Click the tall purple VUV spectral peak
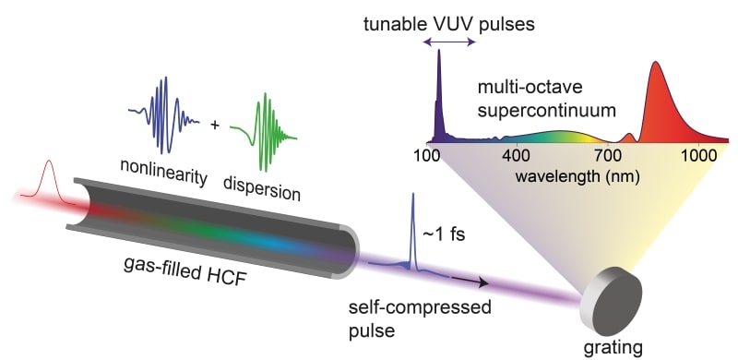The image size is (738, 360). tap(439, 92)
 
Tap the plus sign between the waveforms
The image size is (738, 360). tap(216, 123)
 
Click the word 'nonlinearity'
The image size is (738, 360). tap(161, 166)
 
